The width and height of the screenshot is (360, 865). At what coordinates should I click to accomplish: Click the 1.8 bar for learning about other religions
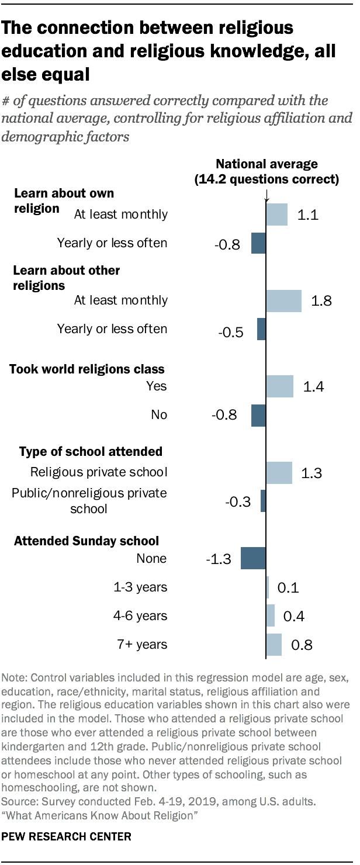pos(284,300)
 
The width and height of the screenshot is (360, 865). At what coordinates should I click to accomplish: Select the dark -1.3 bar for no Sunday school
pos(253,558)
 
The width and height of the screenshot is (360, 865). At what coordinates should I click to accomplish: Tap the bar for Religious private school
pos(279,472)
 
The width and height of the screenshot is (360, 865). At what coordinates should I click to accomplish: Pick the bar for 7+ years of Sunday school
pos(274,645)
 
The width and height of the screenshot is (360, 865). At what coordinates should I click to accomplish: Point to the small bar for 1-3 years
pos(268,587)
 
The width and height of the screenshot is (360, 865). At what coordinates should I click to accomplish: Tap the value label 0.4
pos(294,616)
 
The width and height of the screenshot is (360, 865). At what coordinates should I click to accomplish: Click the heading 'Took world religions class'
pos(86,369)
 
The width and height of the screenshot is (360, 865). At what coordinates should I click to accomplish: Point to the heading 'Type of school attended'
pos(91,451)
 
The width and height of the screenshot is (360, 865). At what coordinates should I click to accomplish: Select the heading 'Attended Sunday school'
pos(86,541)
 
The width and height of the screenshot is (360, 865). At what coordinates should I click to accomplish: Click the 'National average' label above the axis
pos(267,164)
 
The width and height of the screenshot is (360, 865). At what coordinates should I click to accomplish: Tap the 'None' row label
pos(151,559)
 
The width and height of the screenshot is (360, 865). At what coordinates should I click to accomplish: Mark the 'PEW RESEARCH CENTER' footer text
pos(67,837)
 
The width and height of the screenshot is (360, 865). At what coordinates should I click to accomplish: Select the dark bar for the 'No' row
pos(258,415)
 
